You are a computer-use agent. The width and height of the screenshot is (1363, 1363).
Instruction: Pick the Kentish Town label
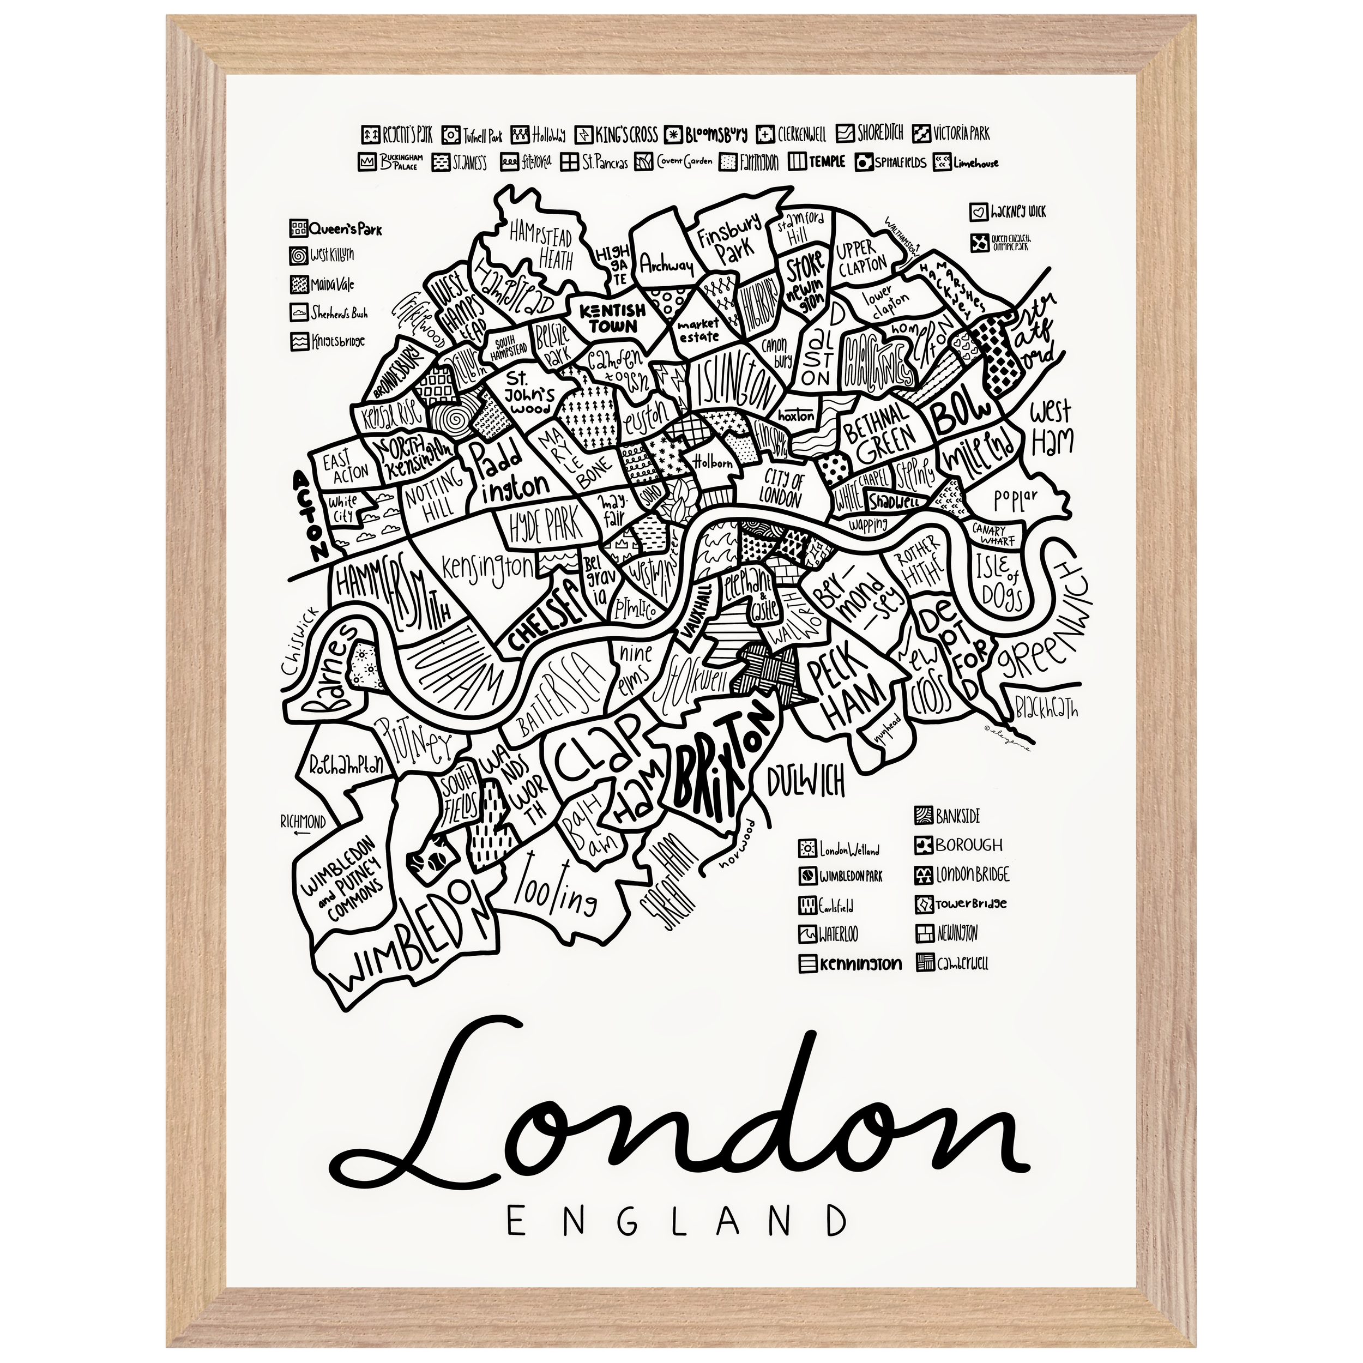[607, 318]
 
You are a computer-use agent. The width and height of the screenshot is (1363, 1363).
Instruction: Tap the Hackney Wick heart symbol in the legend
[977, 211]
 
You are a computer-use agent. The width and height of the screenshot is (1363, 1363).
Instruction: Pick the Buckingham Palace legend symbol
[367, 163]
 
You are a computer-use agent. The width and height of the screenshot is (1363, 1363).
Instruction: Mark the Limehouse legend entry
[965, 163]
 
